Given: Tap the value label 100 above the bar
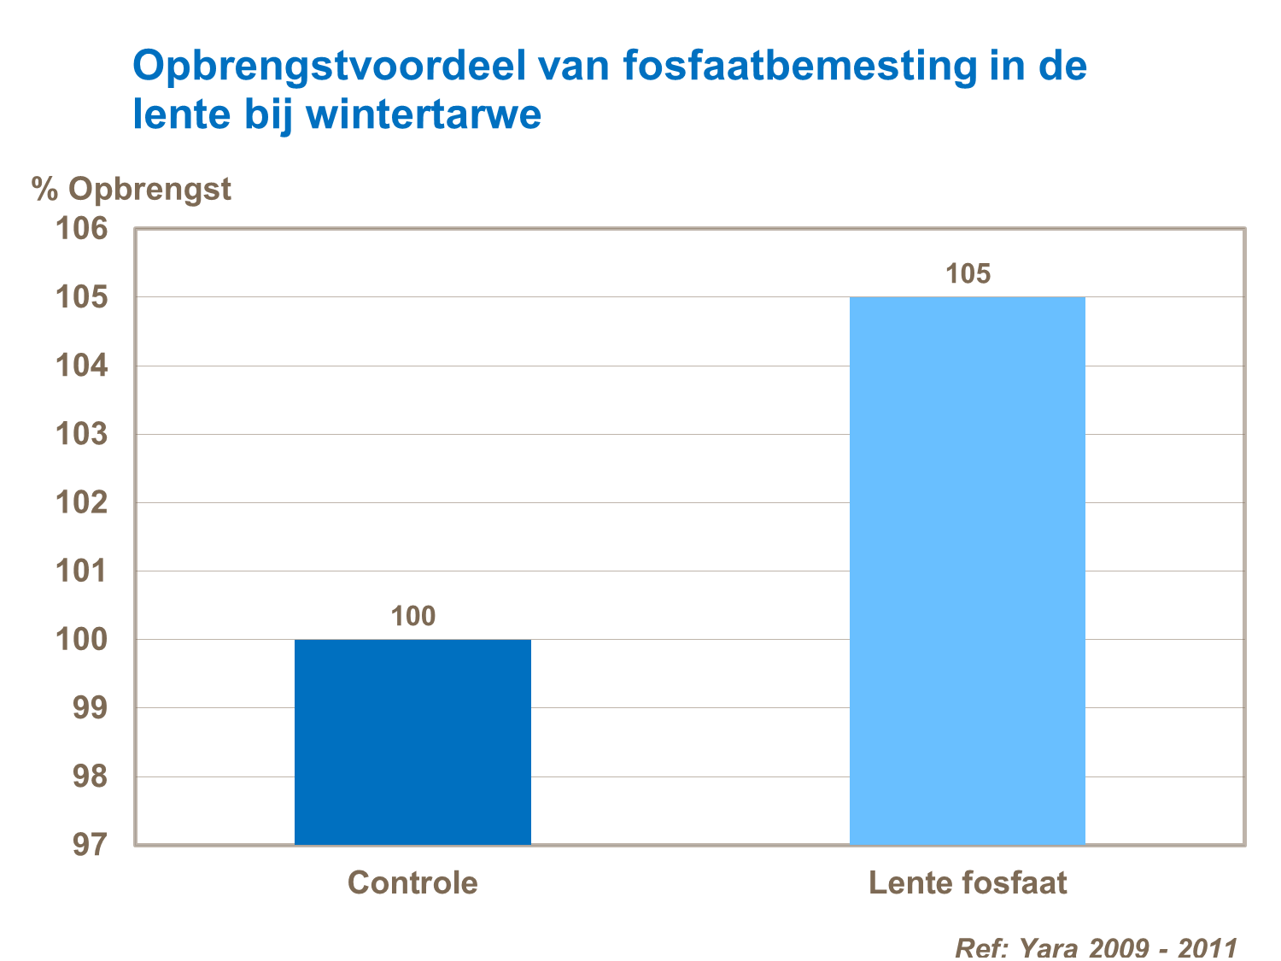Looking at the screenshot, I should (x=413, y=616).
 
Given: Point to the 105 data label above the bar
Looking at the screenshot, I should (x=968, y=273).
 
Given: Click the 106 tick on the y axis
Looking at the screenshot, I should (x=82, y=229).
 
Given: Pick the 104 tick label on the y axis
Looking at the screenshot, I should (x=82, y=366).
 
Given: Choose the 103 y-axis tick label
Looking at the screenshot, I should (x=82, y=434).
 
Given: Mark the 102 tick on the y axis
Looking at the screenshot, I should (x=82, y=502).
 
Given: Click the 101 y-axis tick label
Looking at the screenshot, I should (x=82, y=571).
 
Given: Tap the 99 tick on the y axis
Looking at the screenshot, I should (x=91, y=708).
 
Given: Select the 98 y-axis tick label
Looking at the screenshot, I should (x=91, y=776).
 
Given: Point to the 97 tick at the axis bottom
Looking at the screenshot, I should (x=91, y=845).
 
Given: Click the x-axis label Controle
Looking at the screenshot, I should (x=412, y=882).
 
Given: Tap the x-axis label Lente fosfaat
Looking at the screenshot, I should (x=968, y=882).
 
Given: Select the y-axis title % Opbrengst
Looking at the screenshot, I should (x=132, y=189).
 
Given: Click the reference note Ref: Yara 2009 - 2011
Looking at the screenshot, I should (x=1096, y=947).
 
